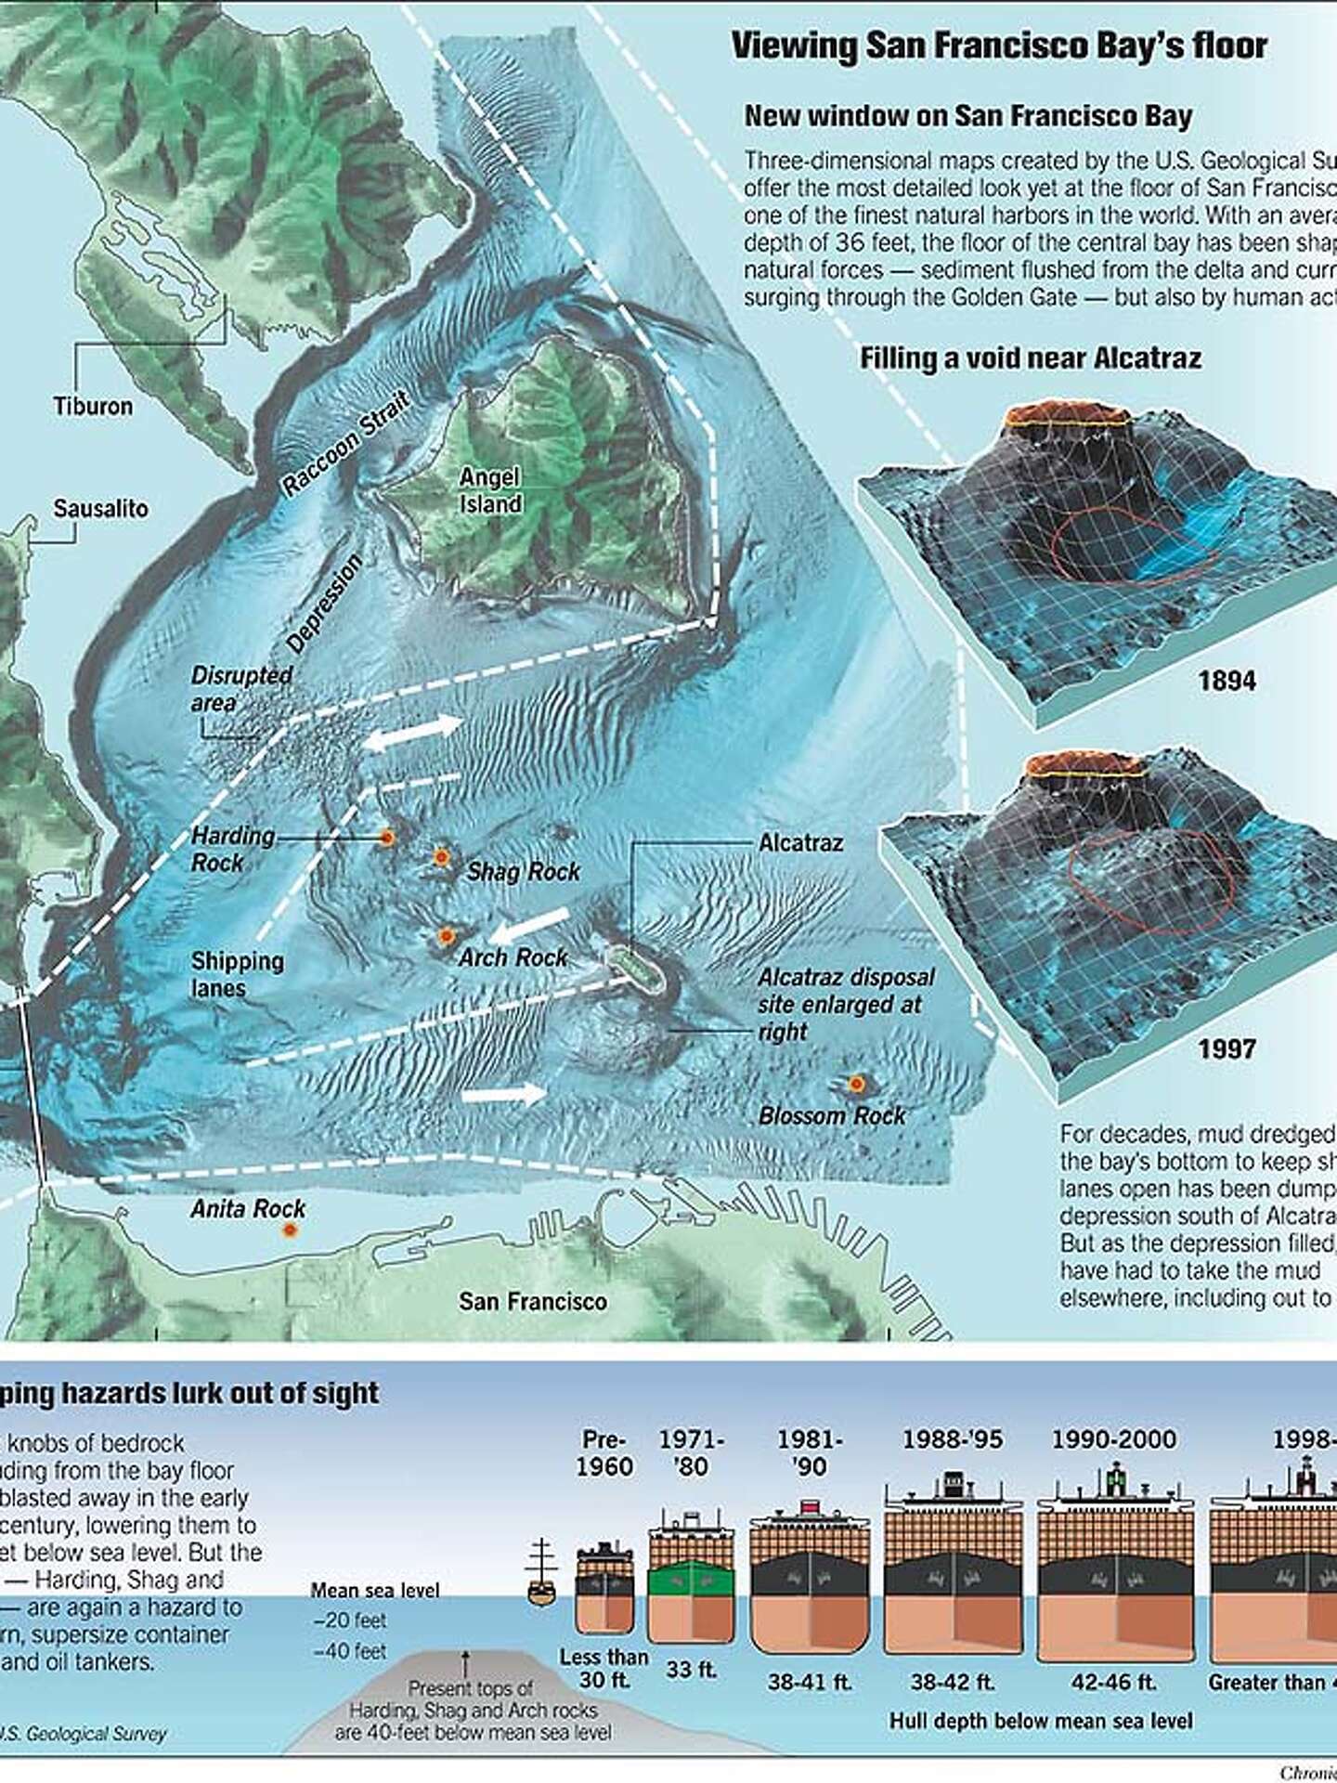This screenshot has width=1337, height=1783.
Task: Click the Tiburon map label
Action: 93,406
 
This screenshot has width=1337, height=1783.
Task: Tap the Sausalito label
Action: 100,509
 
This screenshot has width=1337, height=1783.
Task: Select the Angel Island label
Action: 490,490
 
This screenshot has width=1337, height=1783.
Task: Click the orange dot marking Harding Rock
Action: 387,839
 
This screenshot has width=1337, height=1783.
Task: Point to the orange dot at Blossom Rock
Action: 856,1084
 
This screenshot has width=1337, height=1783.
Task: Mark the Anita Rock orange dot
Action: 290,1230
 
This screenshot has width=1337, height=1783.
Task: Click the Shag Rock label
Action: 523,871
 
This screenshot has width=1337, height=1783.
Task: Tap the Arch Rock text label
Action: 513,957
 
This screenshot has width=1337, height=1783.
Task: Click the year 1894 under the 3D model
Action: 1227,681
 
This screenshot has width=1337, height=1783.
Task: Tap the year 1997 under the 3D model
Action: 1227,1049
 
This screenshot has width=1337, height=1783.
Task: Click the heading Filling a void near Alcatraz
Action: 1030,358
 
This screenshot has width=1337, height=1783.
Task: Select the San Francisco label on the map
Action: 532,1301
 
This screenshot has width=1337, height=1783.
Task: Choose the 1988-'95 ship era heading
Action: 953,1439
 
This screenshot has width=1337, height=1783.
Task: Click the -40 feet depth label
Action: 350,1652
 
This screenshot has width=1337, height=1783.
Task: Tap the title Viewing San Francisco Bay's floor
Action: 999,46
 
